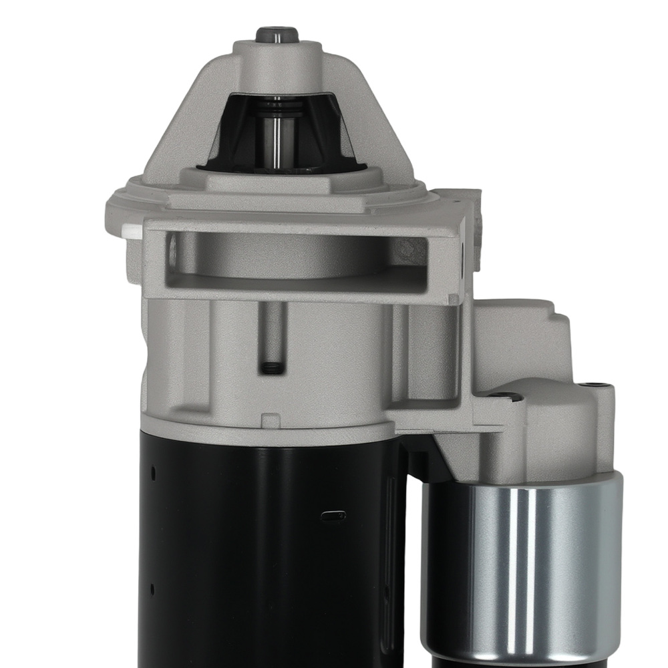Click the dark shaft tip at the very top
277,34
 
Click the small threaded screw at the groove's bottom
271,367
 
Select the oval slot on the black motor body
334,515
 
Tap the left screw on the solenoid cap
504,396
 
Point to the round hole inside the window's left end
173,251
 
